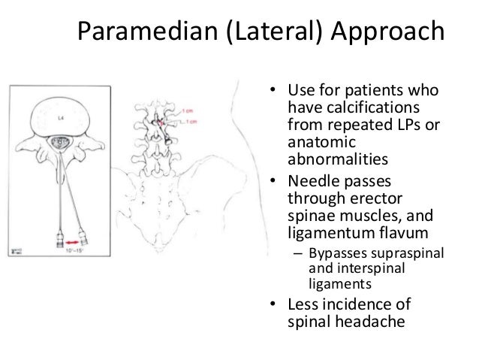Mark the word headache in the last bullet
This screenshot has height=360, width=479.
point(370,324)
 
